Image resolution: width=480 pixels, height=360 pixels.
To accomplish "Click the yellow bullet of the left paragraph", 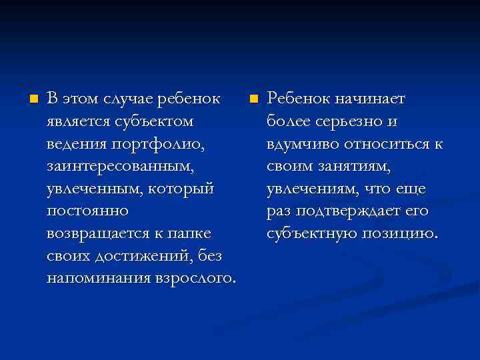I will pos(32,99).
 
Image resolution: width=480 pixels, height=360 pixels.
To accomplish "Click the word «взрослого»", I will pos(196,278).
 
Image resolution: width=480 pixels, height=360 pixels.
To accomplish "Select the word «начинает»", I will pos(367,99).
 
